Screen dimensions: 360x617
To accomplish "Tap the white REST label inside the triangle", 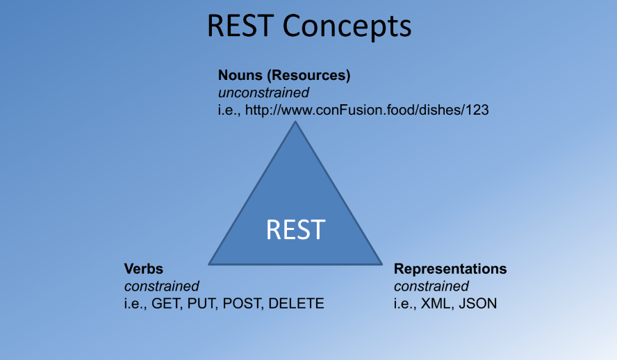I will tap(295, 229).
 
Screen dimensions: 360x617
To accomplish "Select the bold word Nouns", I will tap(238, 75).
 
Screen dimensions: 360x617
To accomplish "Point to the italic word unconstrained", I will tap(263, 92).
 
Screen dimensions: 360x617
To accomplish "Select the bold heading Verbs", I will tap(143, 268).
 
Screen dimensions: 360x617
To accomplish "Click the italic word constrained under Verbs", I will tap(161, 286).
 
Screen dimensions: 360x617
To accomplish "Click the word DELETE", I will tap(296, 303).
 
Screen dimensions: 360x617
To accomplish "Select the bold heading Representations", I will tap(450, 268).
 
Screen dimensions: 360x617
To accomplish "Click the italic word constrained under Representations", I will tap(431, 286).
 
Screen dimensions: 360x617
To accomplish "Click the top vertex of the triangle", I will tap(296, 123).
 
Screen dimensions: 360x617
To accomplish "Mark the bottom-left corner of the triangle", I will tap(210, 263).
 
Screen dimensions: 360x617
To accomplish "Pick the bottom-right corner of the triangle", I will tap(381, 263).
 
